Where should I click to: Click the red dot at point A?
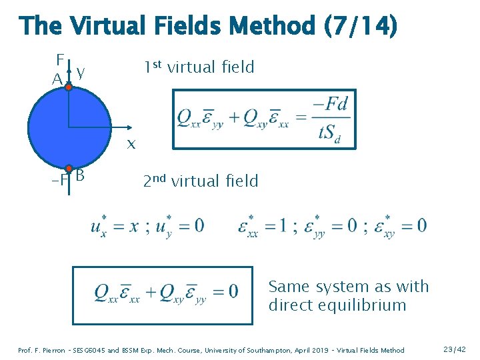68,87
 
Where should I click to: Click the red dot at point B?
69,169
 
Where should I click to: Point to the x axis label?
131,143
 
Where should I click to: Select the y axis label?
80,70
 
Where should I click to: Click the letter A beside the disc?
57,79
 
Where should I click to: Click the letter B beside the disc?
80,176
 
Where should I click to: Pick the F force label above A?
60,58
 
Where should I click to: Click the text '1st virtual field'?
199,67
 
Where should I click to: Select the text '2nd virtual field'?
201,181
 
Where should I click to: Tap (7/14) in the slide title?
360,27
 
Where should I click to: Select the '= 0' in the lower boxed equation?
224,291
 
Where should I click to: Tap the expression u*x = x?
115,225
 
